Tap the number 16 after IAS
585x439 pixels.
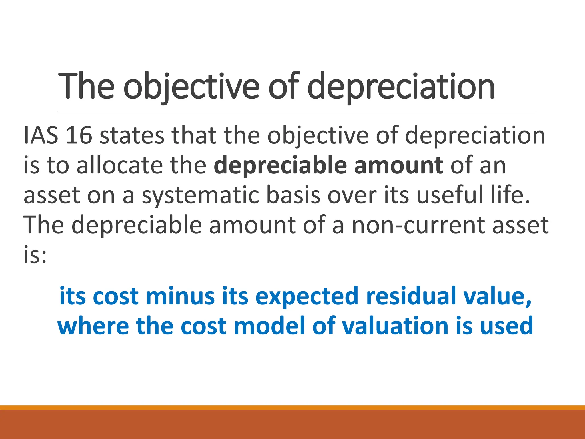[x=79, y=135]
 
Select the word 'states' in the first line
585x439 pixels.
[x=132, y=135]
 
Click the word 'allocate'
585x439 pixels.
[x=120, y=165]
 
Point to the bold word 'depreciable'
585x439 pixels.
[x=280, y=165]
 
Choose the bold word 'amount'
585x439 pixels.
[x=399, y=165]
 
